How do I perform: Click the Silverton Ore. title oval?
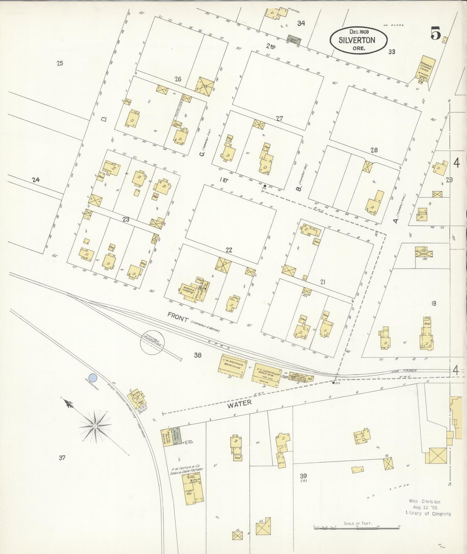(358, 40)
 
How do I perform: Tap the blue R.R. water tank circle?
(93, 378)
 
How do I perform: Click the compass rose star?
(95, 426)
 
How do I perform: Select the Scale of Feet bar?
(357, 527)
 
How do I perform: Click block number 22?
(229, 250)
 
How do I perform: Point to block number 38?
(197, 355)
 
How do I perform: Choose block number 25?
(59, 63)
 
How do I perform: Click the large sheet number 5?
(435, 34)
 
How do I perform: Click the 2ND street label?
(271, 47)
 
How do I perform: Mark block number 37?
(62, 458)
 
